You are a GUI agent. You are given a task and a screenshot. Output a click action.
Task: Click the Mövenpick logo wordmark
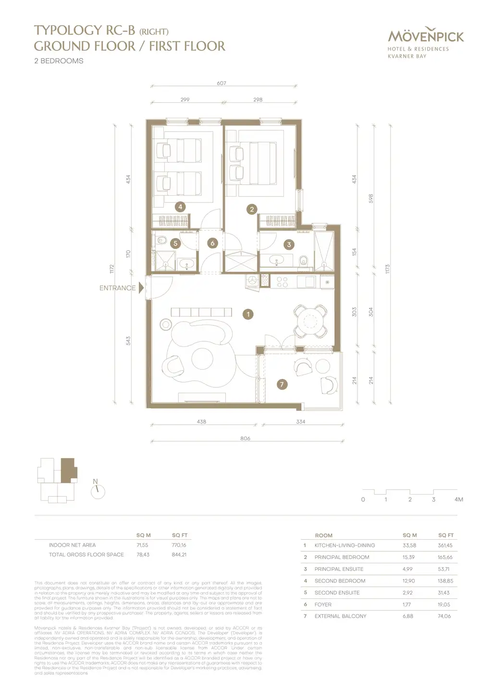[426, 37]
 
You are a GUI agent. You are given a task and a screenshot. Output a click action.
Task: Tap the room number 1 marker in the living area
[248, 314]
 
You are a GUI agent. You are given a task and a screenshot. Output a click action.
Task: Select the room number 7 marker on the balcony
[282, 384]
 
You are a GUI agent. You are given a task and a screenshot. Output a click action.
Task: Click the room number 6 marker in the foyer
[212, 243]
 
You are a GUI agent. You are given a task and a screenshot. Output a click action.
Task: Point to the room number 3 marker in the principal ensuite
[289, 245]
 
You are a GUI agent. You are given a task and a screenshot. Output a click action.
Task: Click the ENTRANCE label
[117, 288]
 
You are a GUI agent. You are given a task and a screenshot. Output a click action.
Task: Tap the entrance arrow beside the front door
[141, 288]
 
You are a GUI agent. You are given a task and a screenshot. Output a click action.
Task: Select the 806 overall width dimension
[245, 438]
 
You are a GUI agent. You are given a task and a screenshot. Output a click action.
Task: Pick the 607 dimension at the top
[221, 83]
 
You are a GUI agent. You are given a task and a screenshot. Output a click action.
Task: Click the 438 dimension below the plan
[201, 422]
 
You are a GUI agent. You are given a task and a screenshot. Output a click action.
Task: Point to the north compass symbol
[98, 490]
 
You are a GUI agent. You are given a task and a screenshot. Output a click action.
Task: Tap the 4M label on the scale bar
[458, 499]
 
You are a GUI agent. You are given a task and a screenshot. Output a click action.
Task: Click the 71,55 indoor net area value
[142, 545]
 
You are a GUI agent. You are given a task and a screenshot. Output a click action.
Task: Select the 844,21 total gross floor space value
[179, 555]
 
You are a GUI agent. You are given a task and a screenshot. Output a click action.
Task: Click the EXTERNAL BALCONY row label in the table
[340, 616]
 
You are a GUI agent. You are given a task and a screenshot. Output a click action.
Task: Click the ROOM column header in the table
[323, 535]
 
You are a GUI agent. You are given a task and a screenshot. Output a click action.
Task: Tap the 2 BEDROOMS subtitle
[59, 61]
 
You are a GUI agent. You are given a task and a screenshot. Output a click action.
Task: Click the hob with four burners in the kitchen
[282, 282]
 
